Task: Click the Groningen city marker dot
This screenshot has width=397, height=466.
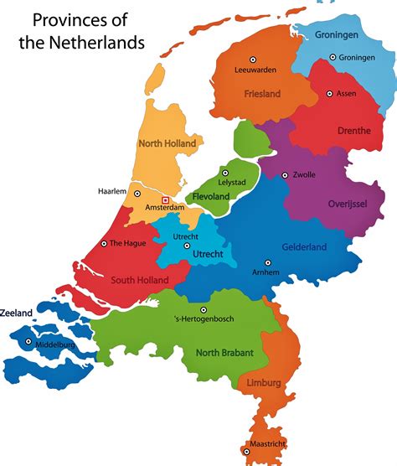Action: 333,57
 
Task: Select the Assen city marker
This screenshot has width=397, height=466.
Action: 329,93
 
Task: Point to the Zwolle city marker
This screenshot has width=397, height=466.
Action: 285,175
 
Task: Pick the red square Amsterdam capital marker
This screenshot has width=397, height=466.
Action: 166,199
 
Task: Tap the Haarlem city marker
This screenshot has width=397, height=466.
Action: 136,193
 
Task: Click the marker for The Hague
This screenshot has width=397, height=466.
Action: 104,243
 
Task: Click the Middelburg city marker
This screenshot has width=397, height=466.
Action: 29,342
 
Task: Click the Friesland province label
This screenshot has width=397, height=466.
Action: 262,94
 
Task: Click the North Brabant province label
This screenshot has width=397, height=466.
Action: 224,353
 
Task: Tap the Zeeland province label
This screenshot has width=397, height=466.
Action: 16,313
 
